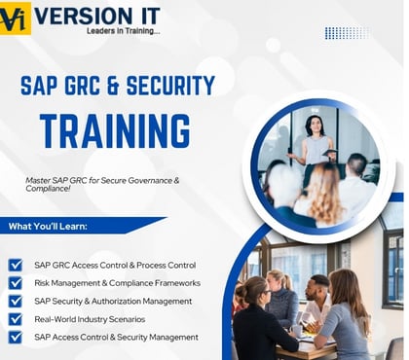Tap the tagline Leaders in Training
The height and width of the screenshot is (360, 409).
(112, 31)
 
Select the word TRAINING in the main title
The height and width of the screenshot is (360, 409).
(114, 129)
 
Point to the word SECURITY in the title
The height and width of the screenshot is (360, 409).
(164, 85)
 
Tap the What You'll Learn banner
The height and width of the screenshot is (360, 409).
(62, 226)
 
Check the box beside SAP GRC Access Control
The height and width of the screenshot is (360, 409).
(16, 265)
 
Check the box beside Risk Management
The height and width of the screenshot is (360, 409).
(16, 283)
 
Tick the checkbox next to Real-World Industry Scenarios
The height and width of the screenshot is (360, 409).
(16, 319)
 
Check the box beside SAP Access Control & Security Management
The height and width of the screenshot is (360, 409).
(16, 338)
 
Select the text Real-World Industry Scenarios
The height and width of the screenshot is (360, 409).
(90, 319)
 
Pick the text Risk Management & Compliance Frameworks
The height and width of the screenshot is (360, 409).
(117, 283)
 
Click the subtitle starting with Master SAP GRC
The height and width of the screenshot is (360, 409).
(108, 186)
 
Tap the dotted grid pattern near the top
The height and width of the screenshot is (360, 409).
(346, 32)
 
